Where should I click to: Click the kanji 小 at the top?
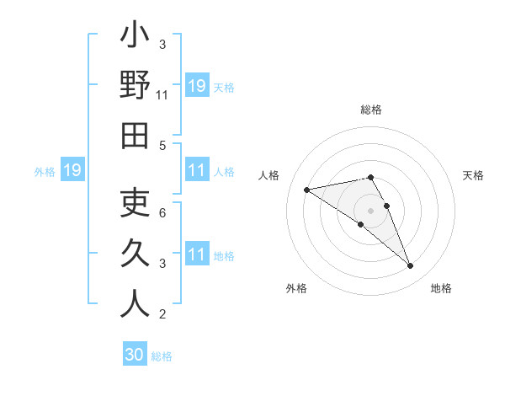135,37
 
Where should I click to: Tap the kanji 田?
135,136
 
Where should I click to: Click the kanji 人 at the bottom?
135,303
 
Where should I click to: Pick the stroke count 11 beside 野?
162,95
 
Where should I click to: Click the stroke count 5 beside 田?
162,145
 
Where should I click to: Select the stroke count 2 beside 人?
162,315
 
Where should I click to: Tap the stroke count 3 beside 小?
162,44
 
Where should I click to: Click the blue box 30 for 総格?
135,355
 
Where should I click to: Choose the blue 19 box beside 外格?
72,171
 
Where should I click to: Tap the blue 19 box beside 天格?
197,86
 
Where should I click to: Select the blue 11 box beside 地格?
197,254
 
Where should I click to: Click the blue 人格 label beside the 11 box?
224,172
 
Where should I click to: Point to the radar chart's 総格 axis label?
371,110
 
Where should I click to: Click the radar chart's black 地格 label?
441,288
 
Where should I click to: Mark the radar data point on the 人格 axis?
307,189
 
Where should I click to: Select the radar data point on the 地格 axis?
411,266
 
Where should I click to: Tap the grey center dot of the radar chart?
371,210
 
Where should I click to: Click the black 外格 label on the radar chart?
296,288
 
